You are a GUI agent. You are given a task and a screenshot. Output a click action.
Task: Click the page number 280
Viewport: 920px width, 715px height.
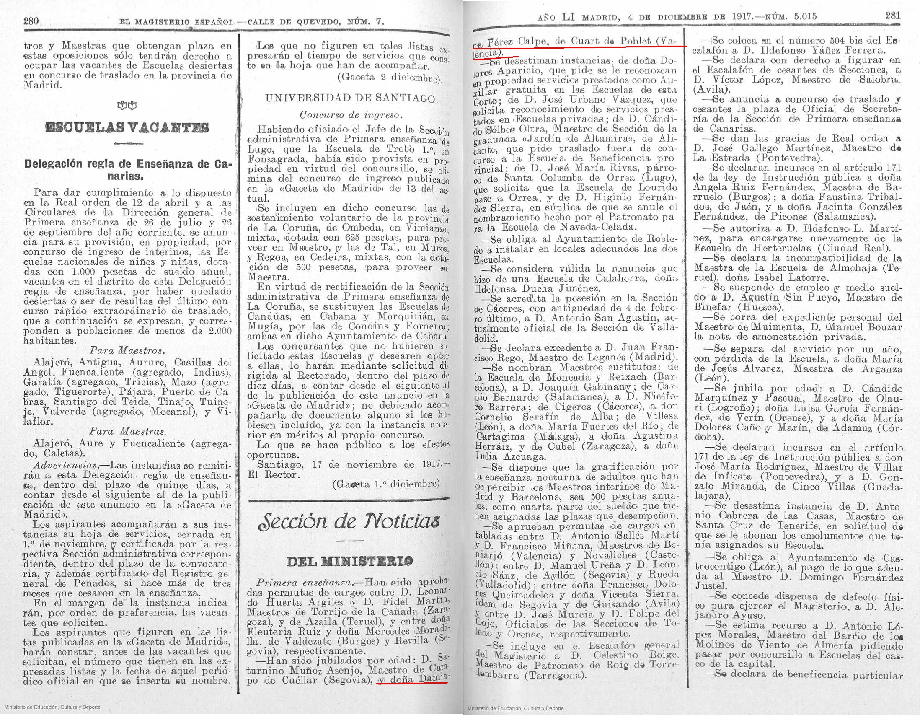[31, 21]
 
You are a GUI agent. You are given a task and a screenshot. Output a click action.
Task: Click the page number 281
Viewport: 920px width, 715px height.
[893, 16]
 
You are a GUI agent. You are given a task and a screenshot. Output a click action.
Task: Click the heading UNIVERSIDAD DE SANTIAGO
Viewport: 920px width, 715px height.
[350, 98]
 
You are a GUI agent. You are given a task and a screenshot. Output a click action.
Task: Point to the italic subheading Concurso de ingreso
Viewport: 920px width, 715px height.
[351, 114]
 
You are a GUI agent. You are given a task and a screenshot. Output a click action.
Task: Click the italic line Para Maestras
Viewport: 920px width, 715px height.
[127, 431]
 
